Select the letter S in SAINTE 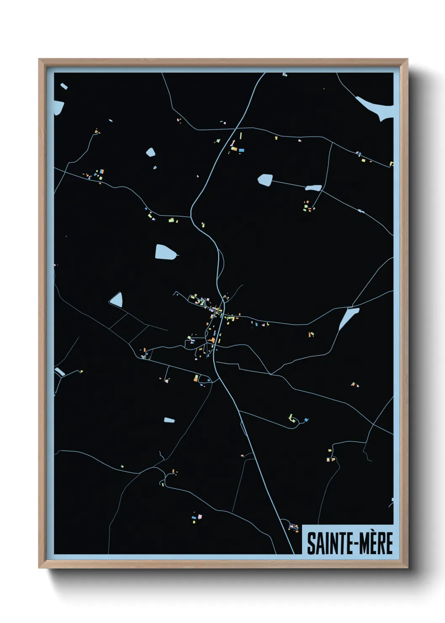[311, 543]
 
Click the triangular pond [117, 299]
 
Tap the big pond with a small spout [165, 252]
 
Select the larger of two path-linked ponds [265, 180]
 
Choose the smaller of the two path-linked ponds [313, 188]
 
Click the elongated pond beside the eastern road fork [349, 318]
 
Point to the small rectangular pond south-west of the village [169, 420]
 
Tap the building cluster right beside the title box [293, 526]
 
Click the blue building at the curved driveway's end [306, 420]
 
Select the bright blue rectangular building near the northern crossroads [241, 149]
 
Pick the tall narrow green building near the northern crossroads [241, 136]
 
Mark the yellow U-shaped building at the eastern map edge [391, 164]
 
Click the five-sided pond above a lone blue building [150, 152]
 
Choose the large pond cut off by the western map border [59, 108]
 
